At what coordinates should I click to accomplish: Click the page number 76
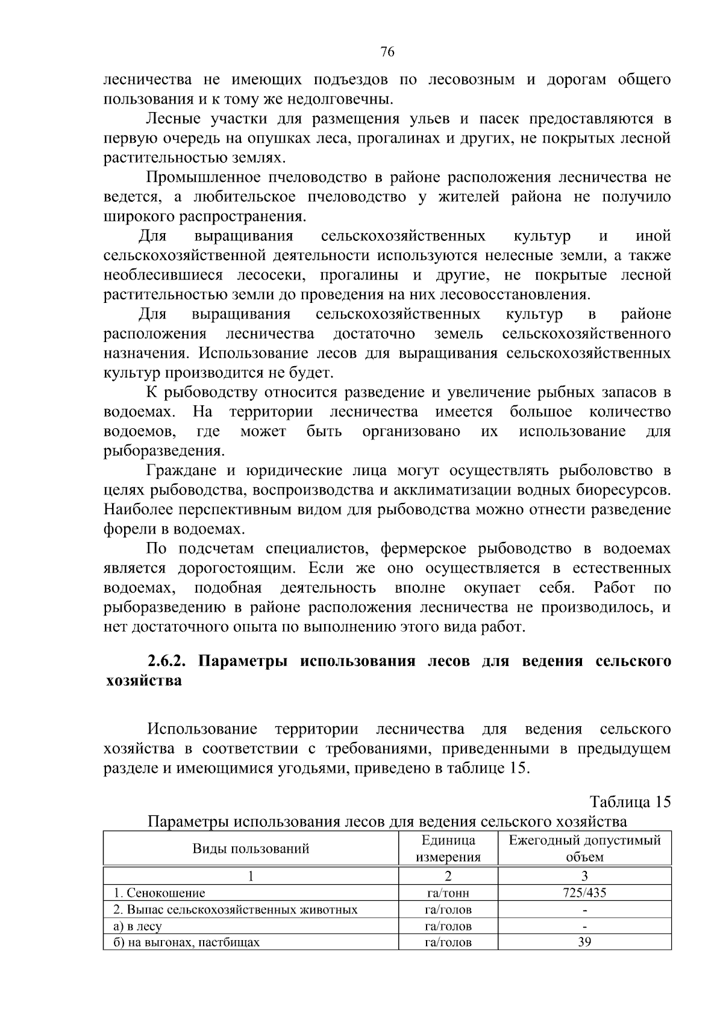(x=387, y=52)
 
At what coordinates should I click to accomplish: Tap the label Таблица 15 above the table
(x=630, y=802)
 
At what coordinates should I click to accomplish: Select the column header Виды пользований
(x=251, y=849)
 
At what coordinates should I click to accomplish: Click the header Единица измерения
(x=448, y=849)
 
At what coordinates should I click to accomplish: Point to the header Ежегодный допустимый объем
(x=584, y=849)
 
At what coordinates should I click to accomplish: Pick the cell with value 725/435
(x=584, y=893)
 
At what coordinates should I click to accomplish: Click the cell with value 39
(x=584, y=942)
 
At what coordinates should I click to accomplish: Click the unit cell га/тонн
(x=448, y=893)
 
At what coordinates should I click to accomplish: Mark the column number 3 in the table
(x=584, y=876)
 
